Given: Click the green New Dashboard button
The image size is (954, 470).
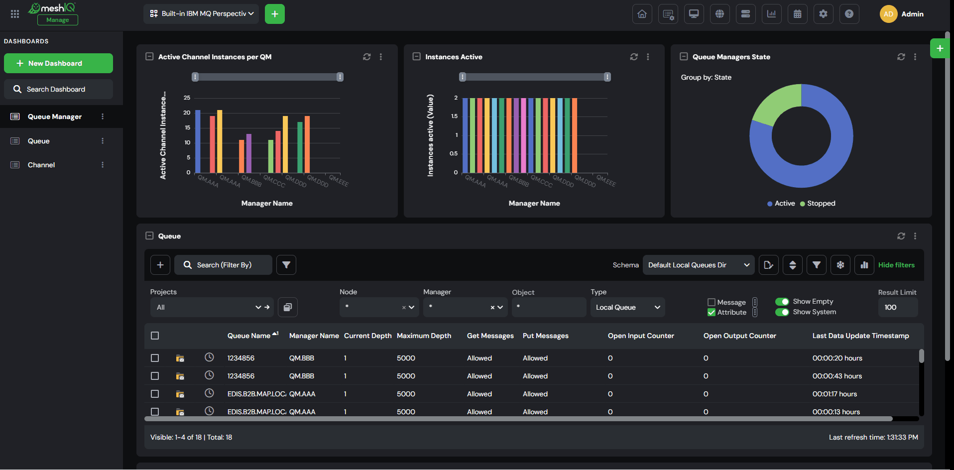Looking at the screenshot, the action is (x=58, y=63).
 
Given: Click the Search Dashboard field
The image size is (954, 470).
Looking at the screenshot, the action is (x=58, y=89).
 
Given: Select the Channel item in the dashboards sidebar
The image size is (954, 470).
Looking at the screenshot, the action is (x=41, y=165).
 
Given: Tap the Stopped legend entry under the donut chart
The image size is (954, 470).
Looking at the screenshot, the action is (x=818, y=203).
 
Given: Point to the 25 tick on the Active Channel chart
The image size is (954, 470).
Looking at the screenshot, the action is (x=187, y=98).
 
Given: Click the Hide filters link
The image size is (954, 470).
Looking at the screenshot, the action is (x=896, y=265).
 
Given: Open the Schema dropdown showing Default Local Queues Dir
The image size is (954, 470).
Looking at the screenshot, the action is (x=699, y=265).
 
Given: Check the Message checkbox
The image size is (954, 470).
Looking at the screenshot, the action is (x=712, y=302).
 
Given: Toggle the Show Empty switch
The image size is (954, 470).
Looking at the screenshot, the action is (x=782, y=301).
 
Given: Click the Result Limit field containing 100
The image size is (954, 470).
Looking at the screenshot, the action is (x=898, y=307).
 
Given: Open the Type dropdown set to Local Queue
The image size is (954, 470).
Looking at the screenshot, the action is (x=627, y=307).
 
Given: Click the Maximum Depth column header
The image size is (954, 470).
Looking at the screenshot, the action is (x=424, y=336).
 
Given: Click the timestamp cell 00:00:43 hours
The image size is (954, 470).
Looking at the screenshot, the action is (x=837, y=376).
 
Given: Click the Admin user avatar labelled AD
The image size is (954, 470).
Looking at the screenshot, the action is (x=888, y=14).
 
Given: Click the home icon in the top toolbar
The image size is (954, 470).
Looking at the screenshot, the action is (x=642, y=14).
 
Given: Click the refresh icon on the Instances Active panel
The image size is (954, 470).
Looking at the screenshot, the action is (x=634, y=57).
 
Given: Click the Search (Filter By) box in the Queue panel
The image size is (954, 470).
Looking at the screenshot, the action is (x=223, y=265).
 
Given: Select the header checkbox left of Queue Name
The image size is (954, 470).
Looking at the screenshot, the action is (x=155, y=336).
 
